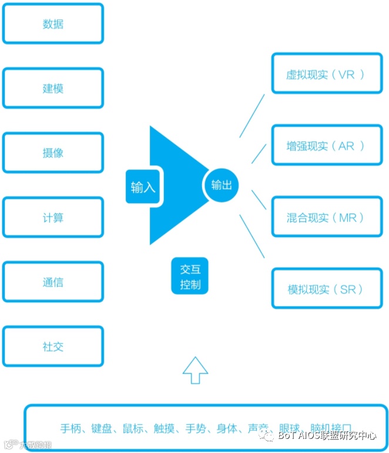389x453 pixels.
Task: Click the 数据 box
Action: pos(53,24)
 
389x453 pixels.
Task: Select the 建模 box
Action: pos(53,89)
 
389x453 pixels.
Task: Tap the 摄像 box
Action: pos(53,153)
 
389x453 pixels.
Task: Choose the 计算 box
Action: pos(53,218)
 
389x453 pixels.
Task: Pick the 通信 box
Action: pos(53,282)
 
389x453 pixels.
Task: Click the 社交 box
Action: pos(53,347)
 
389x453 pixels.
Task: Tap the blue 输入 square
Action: pos(143,187)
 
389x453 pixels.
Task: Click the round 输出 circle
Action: pos(222,185)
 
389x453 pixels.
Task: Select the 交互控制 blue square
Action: pos(190,277)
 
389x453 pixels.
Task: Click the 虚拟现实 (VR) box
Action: pos(326,74)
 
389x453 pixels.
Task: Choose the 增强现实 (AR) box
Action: pos(326,146)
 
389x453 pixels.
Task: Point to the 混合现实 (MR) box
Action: pos(326,218)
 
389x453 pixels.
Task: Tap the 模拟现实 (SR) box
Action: pos(326,289)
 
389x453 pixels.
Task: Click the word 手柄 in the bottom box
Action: pos(72,428)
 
